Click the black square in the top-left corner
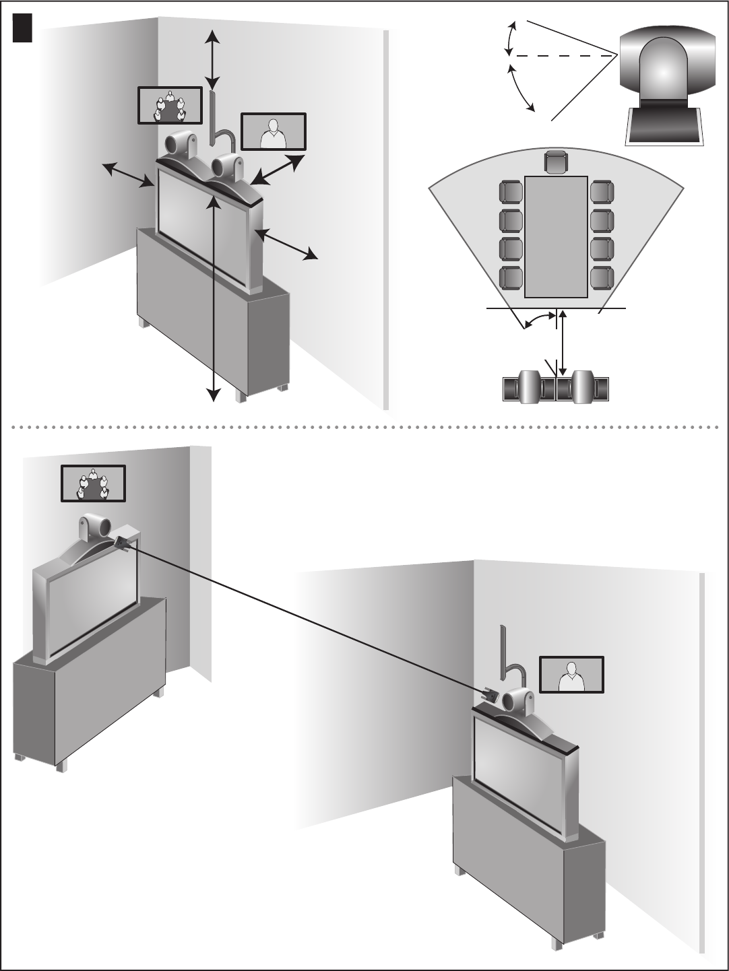(x=24, y=29)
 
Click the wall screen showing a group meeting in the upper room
(x=170, y=106)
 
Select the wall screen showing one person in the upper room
(x=274, y=131)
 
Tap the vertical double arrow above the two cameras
(x=212, y=59)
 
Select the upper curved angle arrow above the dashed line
(x=511, y=38)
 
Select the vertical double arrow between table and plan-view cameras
(x=561, y=343)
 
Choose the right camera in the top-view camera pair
(x=583, y=389)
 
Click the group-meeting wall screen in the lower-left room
(x=93, y=483)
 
